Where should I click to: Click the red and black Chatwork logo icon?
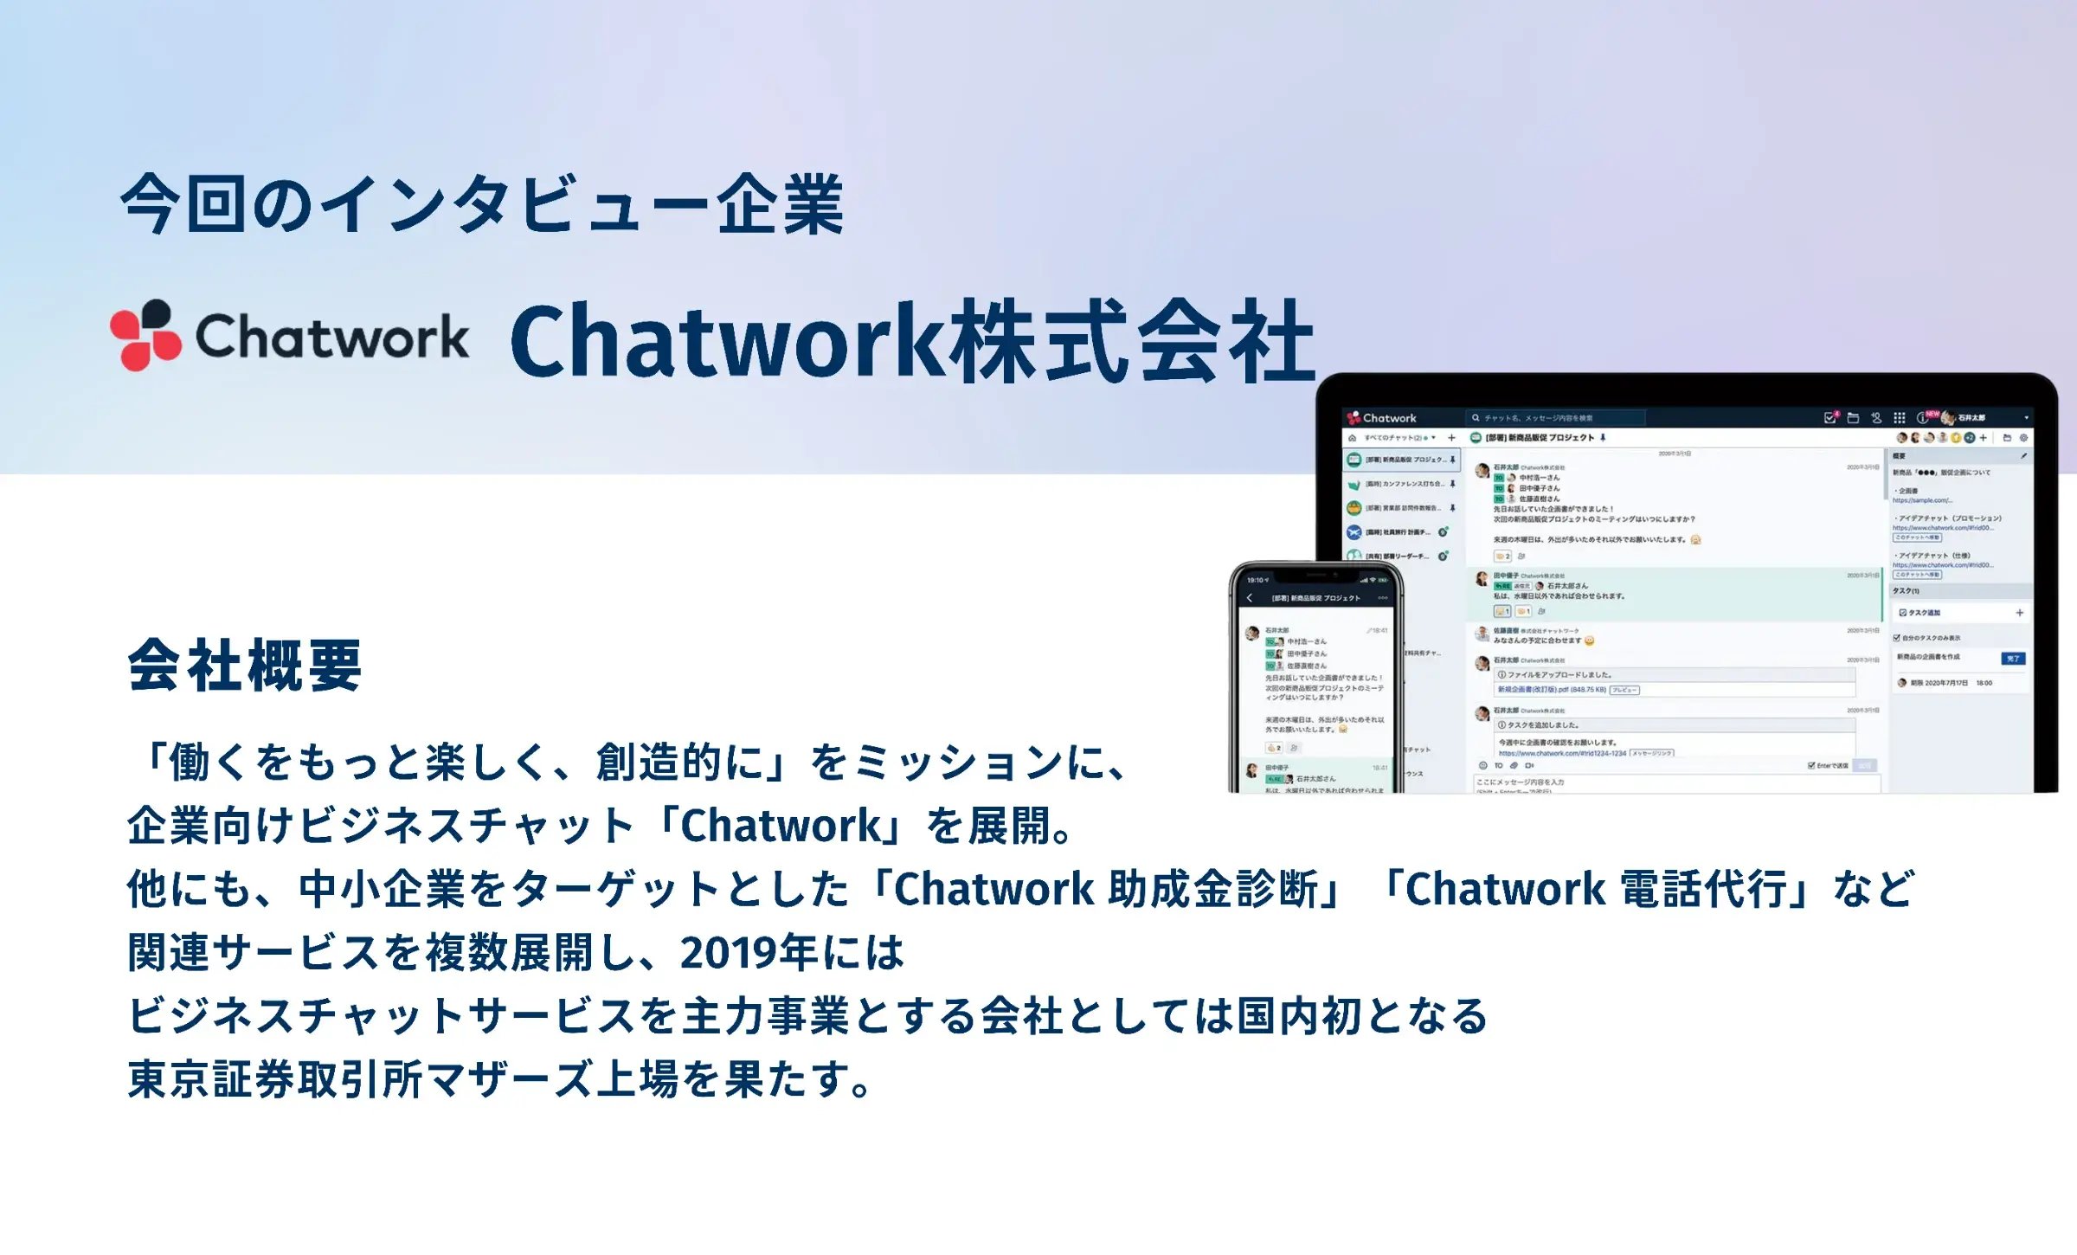pyautogui.click(x=145, y=335)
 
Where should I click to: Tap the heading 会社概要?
pyautogui.click(x=244, y=666)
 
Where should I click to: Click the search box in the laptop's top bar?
pyautogui.click(x=1553, y=418)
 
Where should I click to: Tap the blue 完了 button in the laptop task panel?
pyautogui.click(x=2012, y=659)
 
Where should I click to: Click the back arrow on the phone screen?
pyautogui.click(x=1249, y=598)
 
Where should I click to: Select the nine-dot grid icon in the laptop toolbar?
pyautogui.click(x=1899, y=418)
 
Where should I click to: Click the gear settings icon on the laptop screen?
pyautogui.click(x=2023, y=438)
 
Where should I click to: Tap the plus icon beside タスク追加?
pyautogui.click(x=2019, y=613)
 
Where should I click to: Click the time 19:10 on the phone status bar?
pyautogui.click(x=1257, y=580)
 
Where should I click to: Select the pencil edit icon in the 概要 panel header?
pyautogui.click(x=2023, y=456)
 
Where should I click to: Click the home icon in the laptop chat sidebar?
pyautogui.click(x=1352, y=438)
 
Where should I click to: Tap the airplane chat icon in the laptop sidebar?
pyautogui.click(x=1354, y=531)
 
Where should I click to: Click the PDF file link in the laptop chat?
pyautogui.click(x=1551, y=690)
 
